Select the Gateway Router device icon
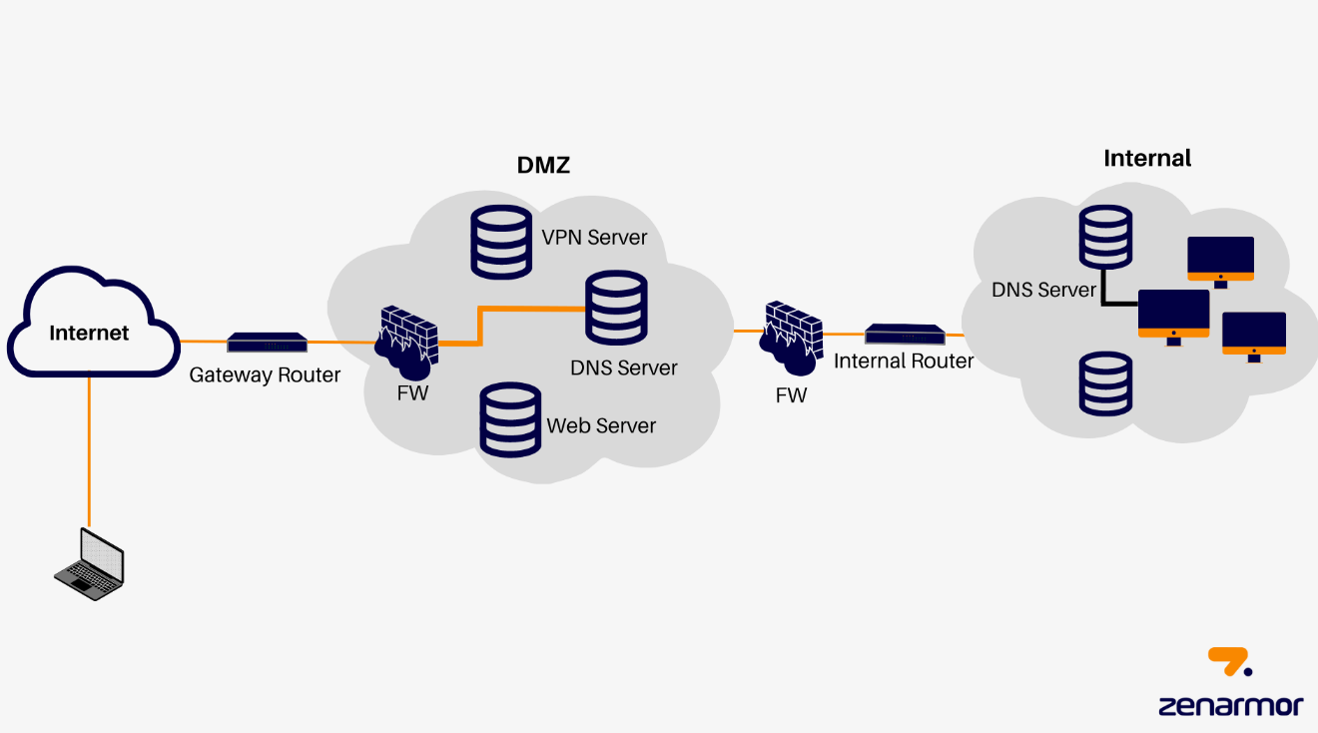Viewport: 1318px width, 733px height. click(267, 343)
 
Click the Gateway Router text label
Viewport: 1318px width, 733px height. click(265, 375)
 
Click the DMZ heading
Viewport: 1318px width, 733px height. click(543, 166)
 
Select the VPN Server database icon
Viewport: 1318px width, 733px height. click(501, 241)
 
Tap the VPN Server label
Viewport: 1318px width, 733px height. click(594, 238)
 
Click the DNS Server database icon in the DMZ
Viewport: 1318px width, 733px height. click(616, 309)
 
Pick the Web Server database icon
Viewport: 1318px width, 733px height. click(510, 420)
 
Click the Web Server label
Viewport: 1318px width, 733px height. click(601, 425)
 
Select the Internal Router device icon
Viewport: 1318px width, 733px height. click(905, 335)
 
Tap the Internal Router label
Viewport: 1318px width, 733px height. click(904, 362)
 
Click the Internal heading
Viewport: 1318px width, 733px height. click(1147, 158)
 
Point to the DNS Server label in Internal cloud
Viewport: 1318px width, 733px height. click(1044, 290)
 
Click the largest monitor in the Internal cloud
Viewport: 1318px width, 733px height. click(1173, 316)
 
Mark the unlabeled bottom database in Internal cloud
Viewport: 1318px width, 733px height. click(1105, 382)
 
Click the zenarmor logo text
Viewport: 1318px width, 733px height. click(1230, 705)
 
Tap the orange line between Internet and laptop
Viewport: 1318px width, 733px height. click(89, 449)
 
